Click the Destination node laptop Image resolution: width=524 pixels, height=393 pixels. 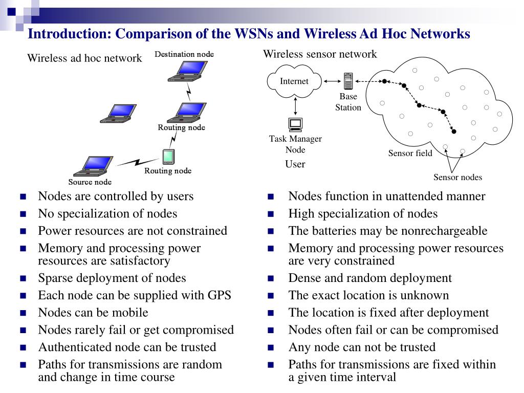[x=187, y=71]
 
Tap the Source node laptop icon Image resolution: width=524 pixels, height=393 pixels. [x=93, y=166]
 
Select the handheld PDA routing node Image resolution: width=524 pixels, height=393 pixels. [x=168, y=157]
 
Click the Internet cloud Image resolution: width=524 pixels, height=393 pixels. [x=294, y=81]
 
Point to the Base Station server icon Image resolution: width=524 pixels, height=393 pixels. [x=348, y=81]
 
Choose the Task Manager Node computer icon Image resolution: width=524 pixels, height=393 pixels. [x=295, y=125]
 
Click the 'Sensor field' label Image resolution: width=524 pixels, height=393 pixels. [x=410, y=153]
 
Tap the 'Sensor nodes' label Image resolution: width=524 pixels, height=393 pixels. [x=457, y=177]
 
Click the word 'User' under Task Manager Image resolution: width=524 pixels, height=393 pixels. [x=295, y=164]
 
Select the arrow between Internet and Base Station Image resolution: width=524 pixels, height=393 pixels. [x=332, y=81]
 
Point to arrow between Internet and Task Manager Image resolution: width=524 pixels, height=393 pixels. [x=295, y=106]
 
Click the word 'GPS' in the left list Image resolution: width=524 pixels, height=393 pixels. [x=219, y=295]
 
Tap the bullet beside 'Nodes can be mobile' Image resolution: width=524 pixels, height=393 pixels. [x=23, y=313]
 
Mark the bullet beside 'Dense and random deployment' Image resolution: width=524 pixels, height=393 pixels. [x=271, y=278]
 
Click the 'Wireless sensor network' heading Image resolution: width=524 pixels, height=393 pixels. [x=320, y=54]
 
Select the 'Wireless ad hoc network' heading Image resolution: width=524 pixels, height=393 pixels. [x=84, y=58]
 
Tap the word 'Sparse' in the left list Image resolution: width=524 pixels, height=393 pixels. [x=55, y=278]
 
